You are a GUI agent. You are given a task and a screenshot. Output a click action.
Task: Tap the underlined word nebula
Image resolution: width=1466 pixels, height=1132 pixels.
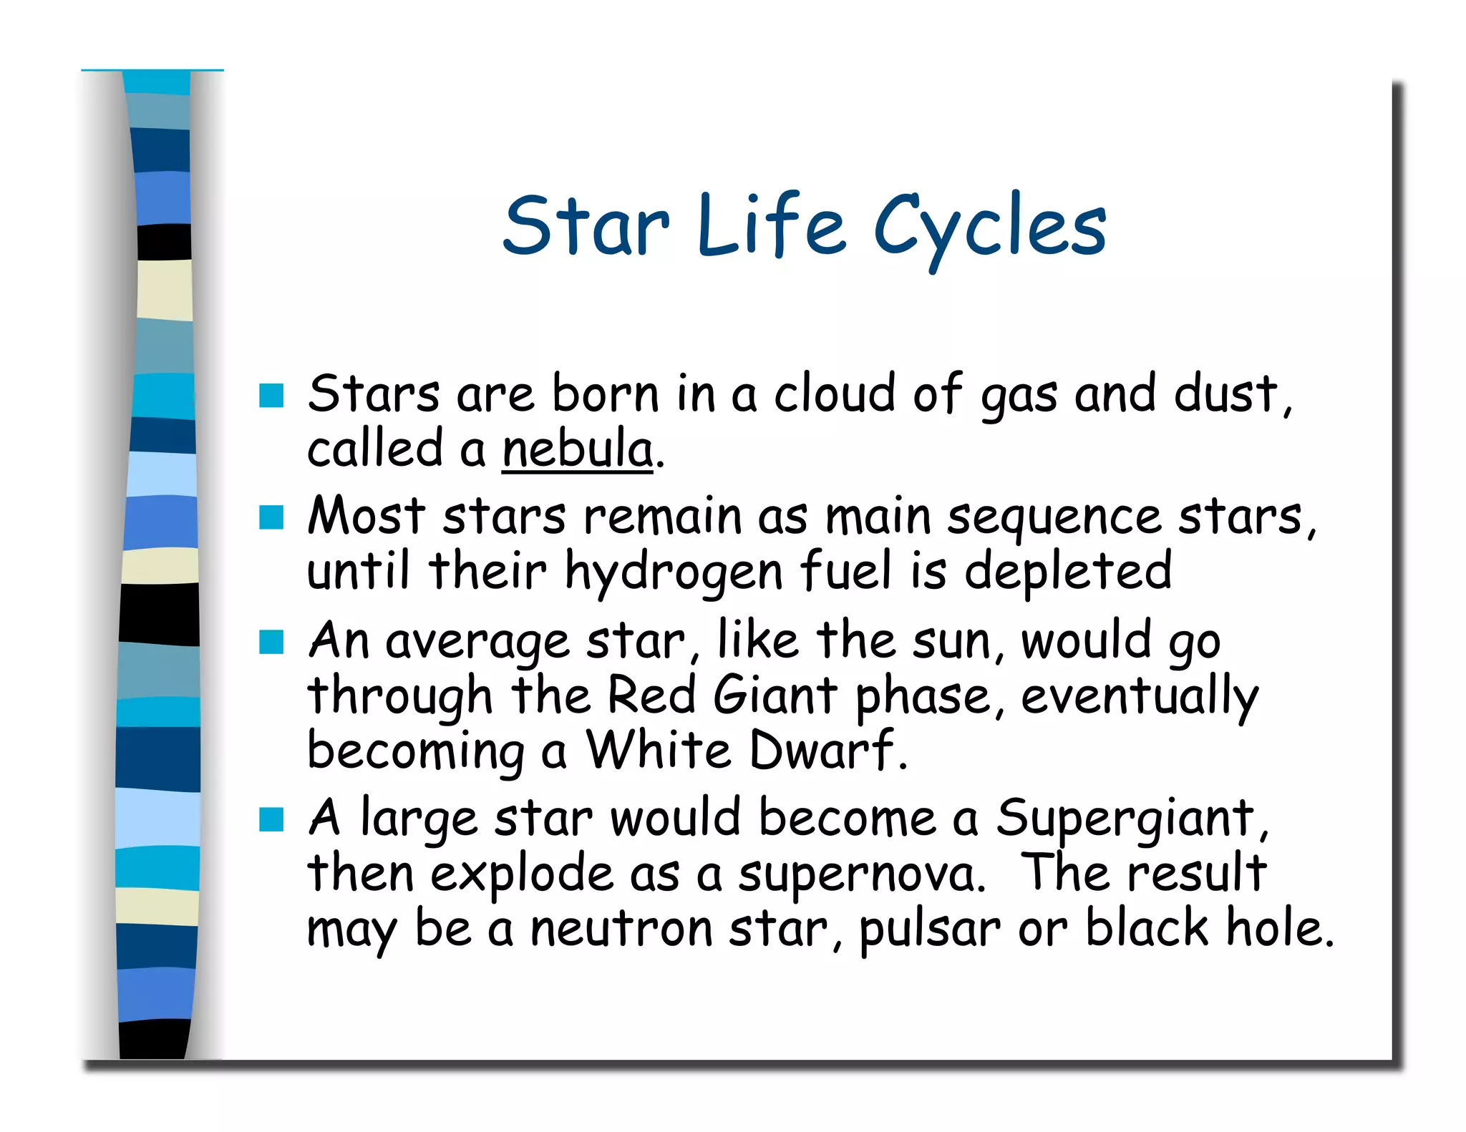point(578,450)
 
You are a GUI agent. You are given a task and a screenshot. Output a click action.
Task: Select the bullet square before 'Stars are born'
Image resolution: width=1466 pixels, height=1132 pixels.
point(271,395)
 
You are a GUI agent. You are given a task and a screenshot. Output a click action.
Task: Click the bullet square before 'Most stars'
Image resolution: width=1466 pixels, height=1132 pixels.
point(271,517)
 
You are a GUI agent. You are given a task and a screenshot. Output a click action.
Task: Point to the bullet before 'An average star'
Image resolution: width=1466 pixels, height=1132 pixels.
point(271,642)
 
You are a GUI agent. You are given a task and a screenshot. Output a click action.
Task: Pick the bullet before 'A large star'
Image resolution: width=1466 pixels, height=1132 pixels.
point(271,819)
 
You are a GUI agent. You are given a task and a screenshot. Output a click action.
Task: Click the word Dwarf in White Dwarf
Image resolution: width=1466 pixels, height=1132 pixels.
point(823,750)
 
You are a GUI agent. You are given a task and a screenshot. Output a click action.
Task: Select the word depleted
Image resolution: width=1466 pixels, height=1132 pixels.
point(1067,572)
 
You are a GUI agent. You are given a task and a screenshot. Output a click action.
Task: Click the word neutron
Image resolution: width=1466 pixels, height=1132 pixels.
point(621,929)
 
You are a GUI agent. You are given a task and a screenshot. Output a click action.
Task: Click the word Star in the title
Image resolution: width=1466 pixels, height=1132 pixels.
point(586,228)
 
